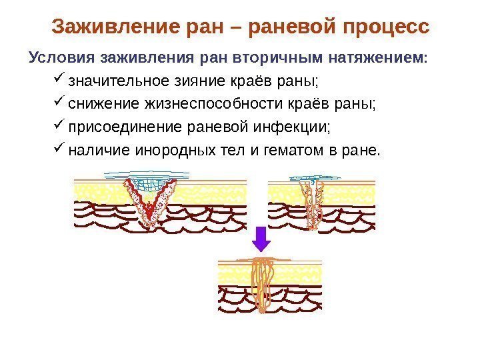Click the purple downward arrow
263,238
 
